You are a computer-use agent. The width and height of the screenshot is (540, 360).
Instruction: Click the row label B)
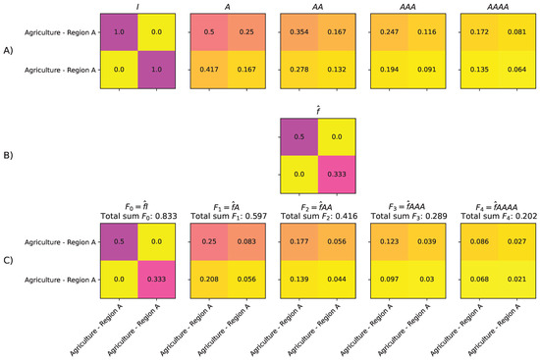10,155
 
